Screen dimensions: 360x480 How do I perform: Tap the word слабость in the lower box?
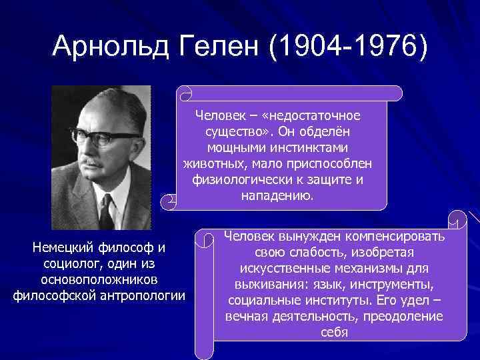[321, 253]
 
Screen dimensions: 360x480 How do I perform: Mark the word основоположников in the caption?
[99, 279]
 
